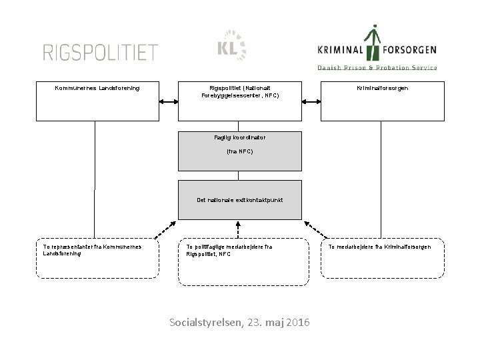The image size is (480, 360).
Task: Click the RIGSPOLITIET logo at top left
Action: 101,51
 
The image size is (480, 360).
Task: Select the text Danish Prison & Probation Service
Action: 377,67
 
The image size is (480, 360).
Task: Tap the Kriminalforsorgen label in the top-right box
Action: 383,88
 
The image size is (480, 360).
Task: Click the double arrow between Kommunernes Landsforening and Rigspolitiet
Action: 169,102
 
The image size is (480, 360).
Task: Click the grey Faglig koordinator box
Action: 239,151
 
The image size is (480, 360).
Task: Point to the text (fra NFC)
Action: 240,151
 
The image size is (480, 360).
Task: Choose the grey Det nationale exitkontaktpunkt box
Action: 239,199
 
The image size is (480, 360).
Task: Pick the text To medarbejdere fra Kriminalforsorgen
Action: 380,247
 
